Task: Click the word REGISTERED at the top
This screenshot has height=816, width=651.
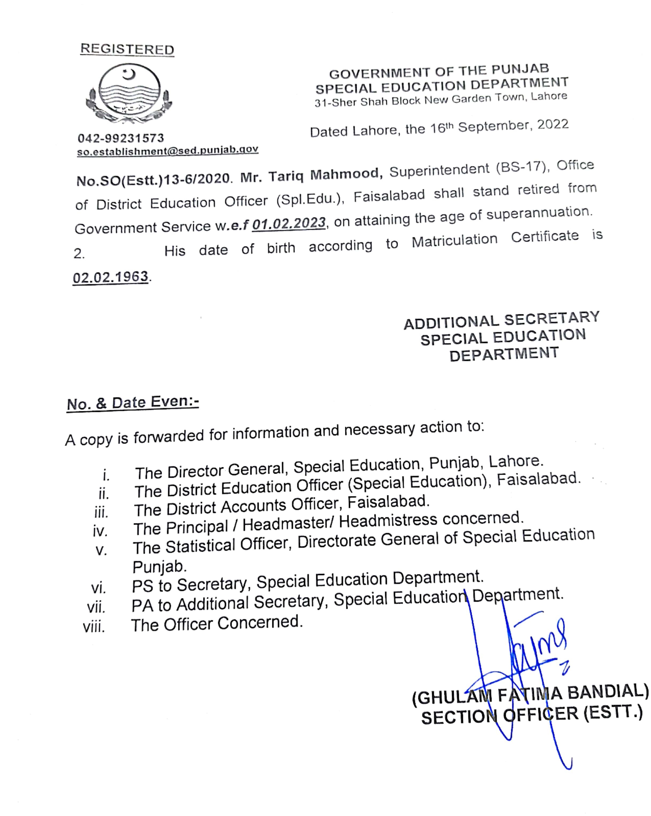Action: (x=127, y=49)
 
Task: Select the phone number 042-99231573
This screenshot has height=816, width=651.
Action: (x=121, y=138)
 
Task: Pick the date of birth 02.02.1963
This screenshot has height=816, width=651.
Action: (x=110, y=277)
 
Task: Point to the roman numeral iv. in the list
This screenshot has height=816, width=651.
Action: (x=100, y=531)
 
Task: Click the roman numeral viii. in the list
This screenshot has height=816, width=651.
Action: (x=94, y=627)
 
